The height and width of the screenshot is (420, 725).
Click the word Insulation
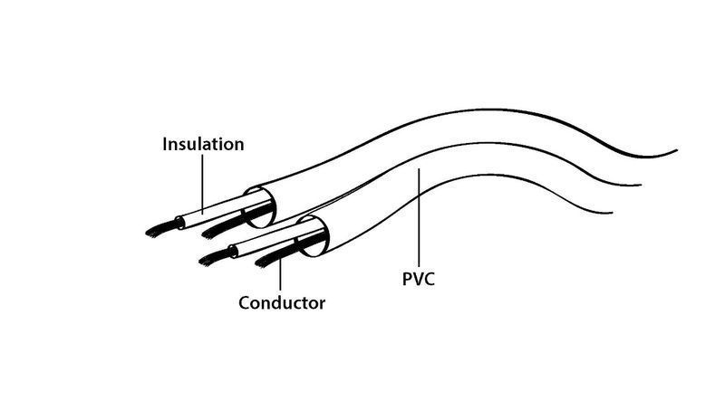click(x=203, y=144)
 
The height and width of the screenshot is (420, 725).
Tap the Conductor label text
click(x=282, y=303)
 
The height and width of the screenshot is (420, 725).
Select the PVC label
click(x=419, y=279)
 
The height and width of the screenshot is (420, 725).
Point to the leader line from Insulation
click(x=202, y=185)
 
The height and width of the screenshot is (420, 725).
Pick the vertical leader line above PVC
click(x=419, y=217)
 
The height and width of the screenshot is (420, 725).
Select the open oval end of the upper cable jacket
click(x=260, y=207)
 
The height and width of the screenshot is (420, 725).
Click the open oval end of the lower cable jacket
click(x=313, y=235)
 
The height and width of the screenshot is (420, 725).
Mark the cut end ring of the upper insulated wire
click(x=179, y=223)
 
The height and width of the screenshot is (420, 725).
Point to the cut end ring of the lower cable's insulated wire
click(x=234, y=252)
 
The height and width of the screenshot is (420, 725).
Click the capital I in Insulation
click(x=165, y=144)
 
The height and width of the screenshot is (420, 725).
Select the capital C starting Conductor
click(x=245, y=303)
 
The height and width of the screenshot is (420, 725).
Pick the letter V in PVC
click(x=418, y=279)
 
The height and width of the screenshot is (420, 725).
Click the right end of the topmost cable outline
click(x=677, y=150)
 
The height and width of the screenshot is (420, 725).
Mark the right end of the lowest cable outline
click(x=613, y=213)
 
